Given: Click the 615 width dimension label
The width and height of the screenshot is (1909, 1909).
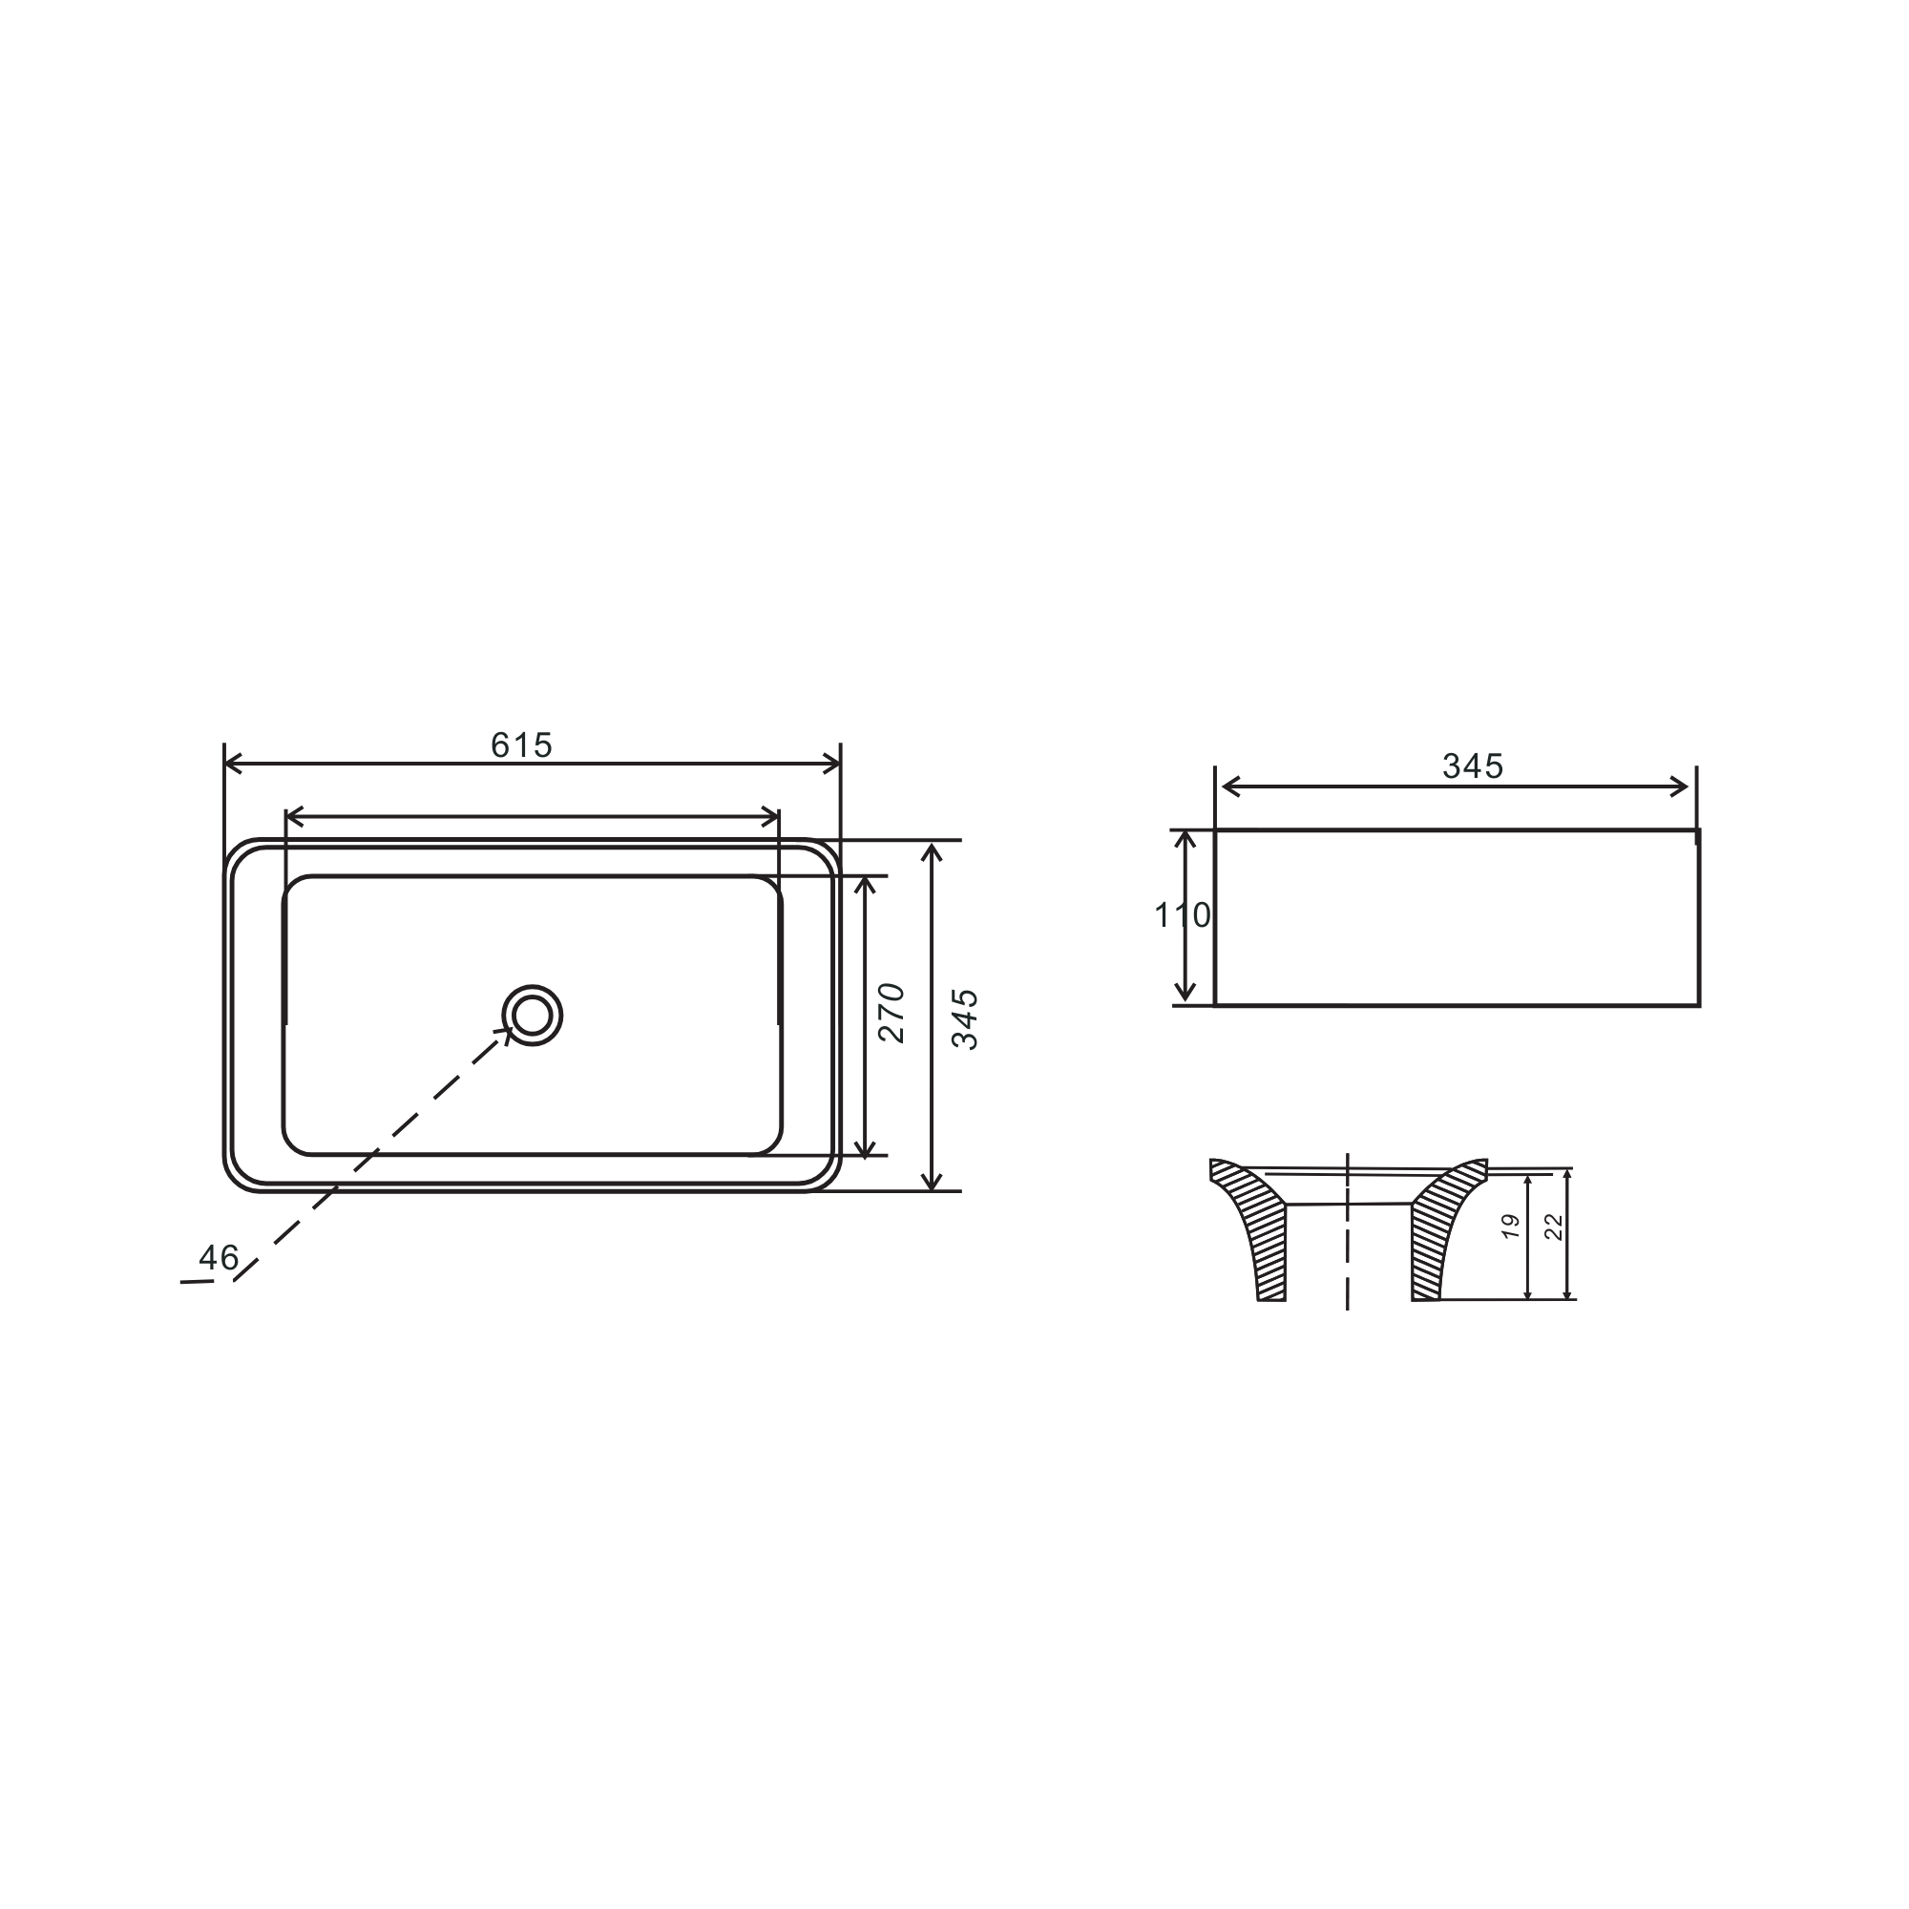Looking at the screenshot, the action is click(x=522, y=745).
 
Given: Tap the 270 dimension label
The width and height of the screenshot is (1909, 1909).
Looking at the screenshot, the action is click(x=892, y=1013).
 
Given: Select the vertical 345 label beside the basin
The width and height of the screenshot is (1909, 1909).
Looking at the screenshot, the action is click(x=964, y=1018).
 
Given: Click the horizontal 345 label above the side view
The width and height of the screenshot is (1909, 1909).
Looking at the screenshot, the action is click(x=1472, y=766).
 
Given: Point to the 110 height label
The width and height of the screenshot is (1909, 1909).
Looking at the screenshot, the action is click(x=1183, y=916).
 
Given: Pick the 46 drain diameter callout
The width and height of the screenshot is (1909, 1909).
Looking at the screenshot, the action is click(x=219, y=1257).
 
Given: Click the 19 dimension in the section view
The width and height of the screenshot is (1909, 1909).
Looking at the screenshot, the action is click(x=1510, y=1227).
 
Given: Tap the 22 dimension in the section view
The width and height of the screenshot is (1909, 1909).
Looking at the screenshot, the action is click(x=1554, y=1227).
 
